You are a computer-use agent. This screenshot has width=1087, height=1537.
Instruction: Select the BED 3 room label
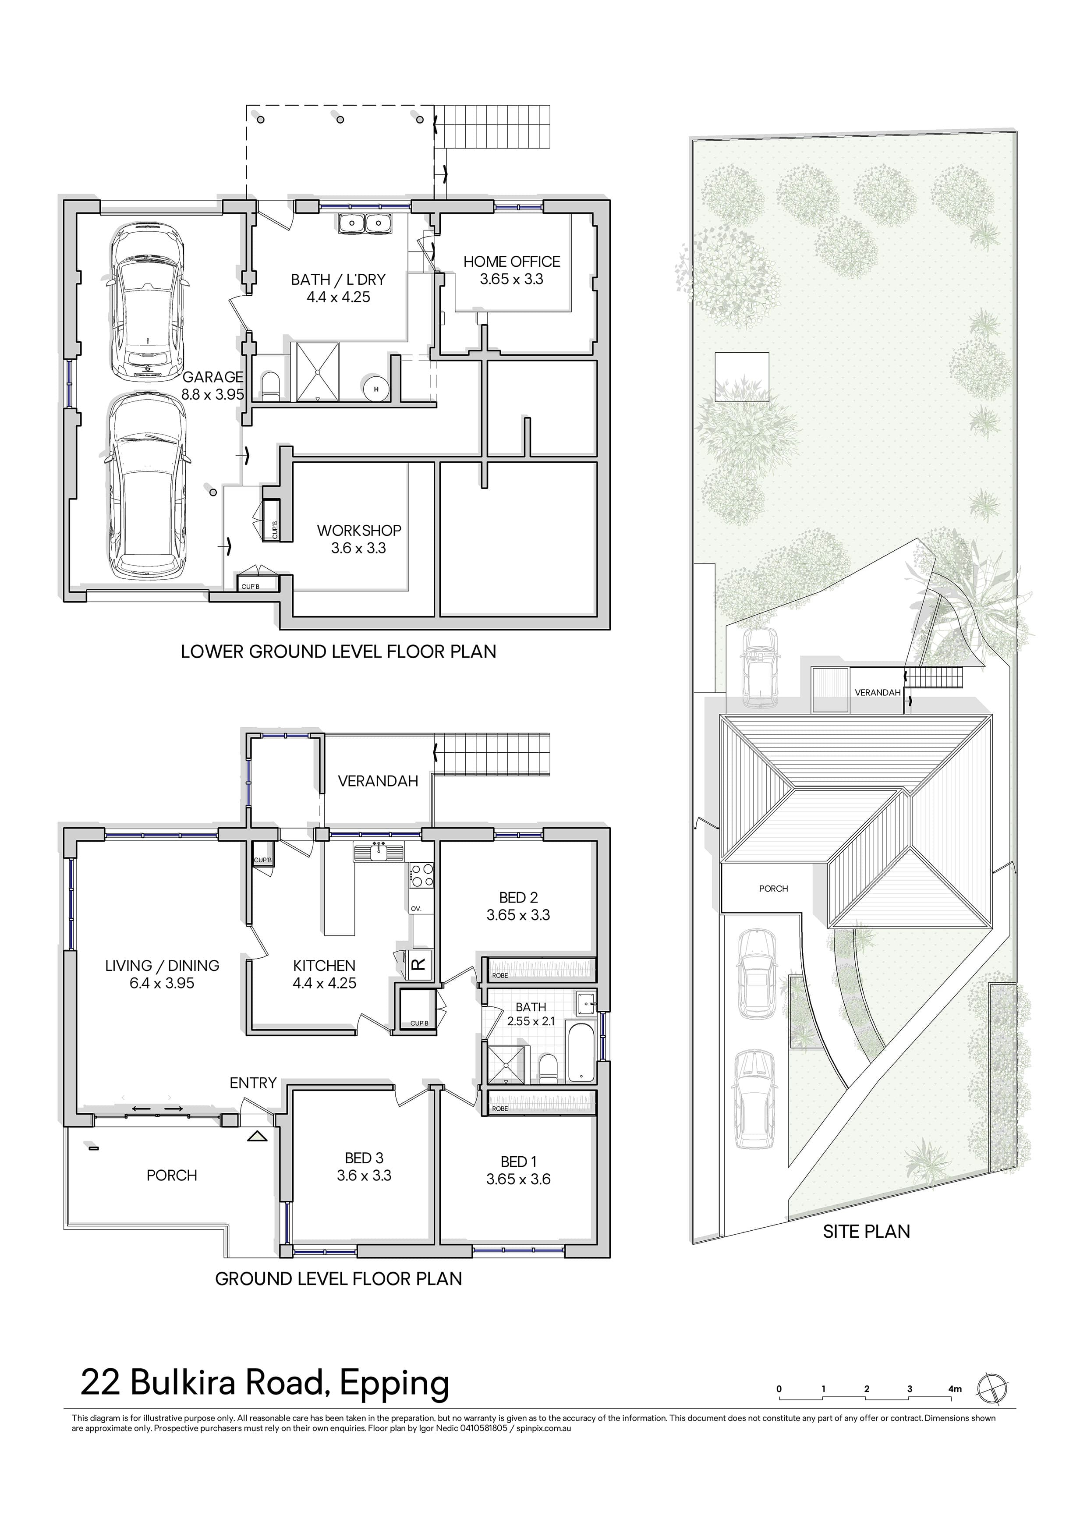(364, 1158)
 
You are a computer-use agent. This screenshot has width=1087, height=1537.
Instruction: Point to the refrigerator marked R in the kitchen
(419, 965)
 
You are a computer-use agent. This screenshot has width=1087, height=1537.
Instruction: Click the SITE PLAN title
(866, 1231)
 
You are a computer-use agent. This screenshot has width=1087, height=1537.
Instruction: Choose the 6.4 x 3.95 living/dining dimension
(162, 983)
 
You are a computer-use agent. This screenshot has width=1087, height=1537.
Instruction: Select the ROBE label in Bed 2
(500, 975)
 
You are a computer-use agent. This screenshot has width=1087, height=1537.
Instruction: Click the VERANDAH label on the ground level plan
(378, 781)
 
